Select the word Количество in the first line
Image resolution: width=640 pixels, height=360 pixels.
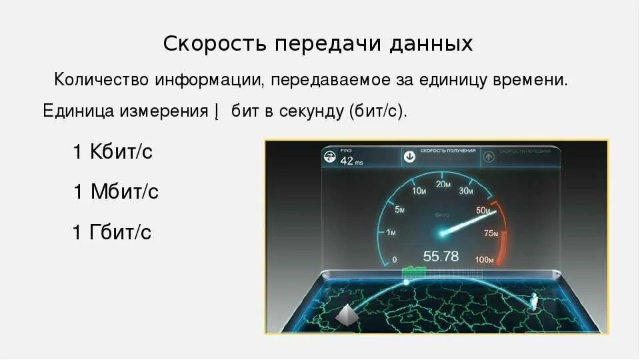[102, 81]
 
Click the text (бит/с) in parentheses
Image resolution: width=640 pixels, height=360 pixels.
[377, 111]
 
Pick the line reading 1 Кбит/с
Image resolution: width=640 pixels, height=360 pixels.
[113, 152]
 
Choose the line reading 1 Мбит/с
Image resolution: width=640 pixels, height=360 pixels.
[116, 192]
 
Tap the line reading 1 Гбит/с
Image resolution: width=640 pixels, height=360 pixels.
[112, 232]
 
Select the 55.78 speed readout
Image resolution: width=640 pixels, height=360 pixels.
[441, 256]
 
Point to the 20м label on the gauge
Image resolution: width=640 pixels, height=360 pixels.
[443, 185]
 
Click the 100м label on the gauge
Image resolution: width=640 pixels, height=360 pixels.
[485, 259]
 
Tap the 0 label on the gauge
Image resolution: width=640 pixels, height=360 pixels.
[395, 259]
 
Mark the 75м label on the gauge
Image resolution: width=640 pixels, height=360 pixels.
[491, 233]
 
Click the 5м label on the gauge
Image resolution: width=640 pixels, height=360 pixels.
[400, 210]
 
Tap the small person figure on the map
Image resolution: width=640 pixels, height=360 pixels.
[533, 303]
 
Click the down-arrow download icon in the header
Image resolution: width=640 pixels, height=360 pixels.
[409, 156]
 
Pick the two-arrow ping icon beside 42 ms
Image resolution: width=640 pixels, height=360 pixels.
[329, 157]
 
